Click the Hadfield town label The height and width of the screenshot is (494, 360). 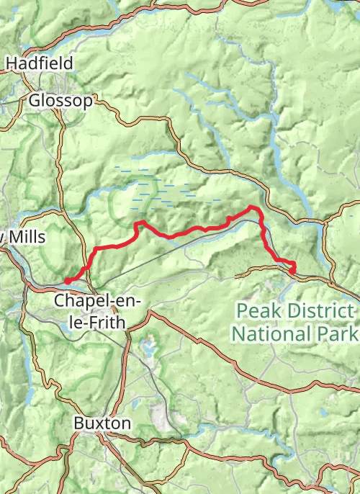(40, 63)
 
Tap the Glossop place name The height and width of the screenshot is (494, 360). (61, 101)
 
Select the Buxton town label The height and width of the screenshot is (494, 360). (102, 423)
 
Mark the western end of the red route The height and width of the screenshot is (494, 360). (67, 281)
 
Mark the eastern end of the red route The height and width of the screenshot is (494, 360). (293, 271)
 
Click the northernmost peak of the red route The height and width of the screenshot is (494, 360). (252, 207)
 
